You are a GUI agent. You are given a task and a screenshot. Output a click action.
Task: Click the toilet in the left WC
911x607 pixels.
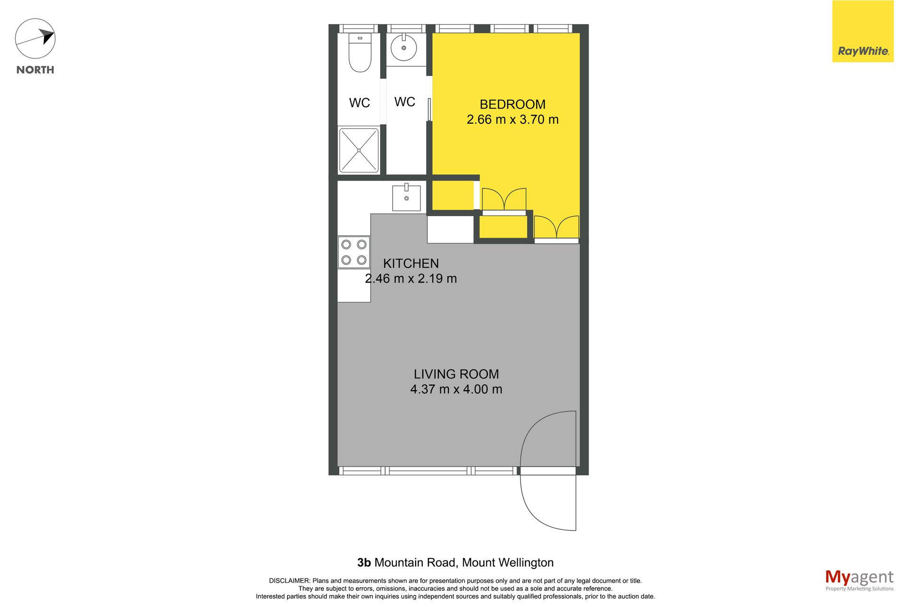click(x=360, y=53)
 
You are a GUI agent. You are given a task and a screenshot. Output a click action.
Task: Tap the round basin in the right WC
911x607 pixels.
click(x=404, y=47)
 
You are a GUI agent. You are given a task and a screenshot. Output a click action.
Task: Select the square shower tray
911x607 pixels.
click(x=359, y=150)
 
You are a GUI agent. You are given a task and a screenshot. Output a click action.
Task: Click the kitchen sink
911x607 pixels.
click(x=406, y=197)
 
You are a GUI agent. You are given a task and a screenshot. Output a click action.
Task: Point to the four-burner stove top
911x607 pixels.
click(x=354, y=252)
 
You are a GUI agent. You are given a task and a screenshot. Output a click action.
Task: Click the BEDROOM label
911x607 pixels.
click(x=512, y=104)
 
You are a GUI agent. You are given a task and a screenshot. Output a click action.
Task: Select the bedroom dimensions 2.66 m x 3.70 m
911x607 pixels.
click(x=512, y=120)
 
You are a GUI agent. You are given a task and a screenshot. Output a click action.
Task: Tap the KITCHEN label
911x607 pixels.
click(x=411, y=263)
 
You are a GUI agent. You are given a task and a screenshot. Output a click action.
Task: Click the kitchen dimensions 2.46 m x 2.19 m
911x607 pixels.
click(x=411, y=278)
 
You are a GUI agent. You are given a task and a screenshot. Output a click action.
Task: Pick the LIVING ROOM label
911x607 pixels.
click(x=456, y=374)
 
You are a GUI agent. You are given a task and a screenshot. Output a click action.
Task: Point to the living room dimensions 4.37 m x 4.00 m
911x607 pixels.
click(x=456, y=389)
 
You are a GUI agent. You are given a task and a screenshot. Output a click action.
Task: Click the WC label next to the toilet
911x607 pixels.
click(x=360, y=103)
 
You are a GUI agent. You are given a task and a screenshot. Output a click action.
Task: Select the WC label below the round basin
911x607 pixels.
click(x=405, y=101)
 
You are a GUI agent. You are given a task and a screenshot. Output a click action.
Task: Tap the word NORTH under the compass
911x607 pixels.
click(x=35, y=70)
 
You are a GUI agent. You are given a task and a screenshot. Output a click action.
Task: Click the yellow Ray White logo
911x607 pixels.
click(x=863, y=31)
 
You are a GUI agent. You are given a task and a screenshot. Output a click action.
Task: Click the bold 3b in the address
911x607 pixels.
click(x=364, y=562)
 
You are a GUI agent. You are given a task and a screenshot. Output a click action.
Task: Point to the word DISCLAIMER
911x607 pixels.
click(x=289, y=580)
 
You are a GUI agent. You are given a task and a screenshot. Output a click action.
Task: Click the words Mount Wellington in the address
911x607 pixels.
click(x=508, y=563)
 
